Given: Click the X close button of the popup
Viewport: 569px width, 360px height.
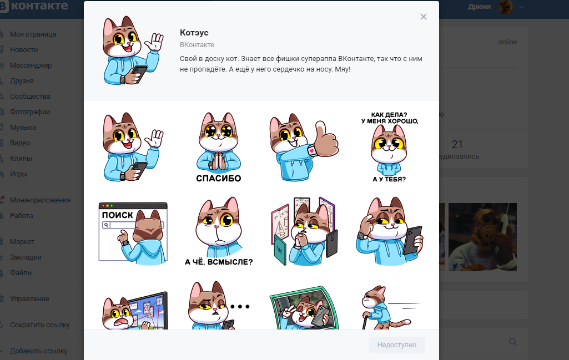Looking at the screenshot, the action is pos(423,17).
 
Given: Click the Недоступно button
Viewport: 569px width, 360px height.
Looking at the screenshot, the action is pos(396,345).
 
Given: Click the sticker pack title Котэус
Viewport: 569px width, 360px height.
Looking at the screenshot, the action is pos(194,33).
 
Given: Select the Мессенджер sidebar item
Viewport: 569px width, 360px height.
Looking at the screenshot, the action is pos(31,65).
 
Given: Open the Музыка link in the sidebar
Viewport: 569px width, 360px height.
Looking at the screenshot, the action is pos(23,127).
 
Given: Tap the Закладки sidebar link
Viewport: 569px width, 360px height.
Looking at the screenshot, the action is pos(26,257).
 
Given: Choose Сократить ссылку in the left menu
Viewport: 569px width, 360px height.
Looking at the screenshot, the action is pos(40,325).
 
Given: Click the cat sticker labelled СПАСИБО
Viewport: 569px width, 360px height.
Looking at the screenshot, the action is pos(219,147).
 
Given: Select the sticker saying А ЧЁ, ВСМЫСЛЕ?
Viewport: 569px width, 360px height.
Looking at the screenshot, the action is pos(219,231).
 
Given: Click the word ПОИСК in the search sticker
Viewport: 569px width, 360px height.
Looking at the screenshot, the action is pos(117,215).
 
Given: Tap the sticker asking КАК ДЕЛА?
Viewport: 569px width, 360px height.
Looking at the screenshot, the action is pos(389,147).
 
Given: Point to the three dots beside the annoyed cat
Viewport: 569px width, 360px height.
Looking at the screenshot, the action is pos(240,307).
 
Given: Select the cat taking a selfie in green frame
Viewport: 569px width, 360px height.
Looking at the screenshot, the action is pos(304,308).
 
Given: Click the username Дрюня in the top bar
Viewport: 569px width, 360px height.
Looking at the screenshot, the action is pos(480,7).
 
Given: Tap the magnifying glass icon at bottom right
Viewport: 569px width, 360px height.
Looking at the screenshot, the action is pos(513,342).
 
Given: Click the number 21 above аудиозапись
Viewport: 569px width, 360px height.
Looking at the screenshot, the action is pos(457,145).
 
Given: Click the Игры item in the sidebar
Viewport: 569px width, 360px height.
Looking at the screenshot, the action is pos(18,174).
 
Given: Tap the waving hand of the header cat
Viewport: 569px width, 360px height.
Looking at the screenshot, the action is pos(155,42).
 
